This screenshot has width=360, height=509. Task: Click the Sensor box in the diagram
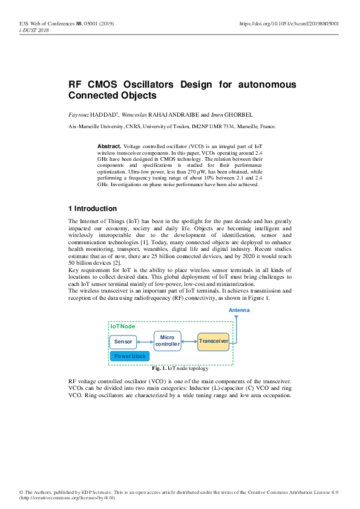coord(123,342)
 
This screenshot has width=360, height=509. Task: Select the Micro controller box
coord(167,340)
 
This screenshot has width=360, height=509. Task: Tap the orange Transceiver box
coord(213,342)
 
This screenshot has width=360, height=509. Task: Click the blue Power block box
coord(129,356)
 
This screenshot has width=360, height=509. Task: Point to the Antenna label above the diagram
coord(239,310)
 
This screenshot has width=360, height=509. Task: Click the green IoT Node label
coord(123,326)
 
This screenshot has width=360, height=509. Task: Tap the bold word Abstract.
coord(109,147)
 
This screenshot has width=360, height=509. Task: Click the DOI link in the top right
coord(289,24)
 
